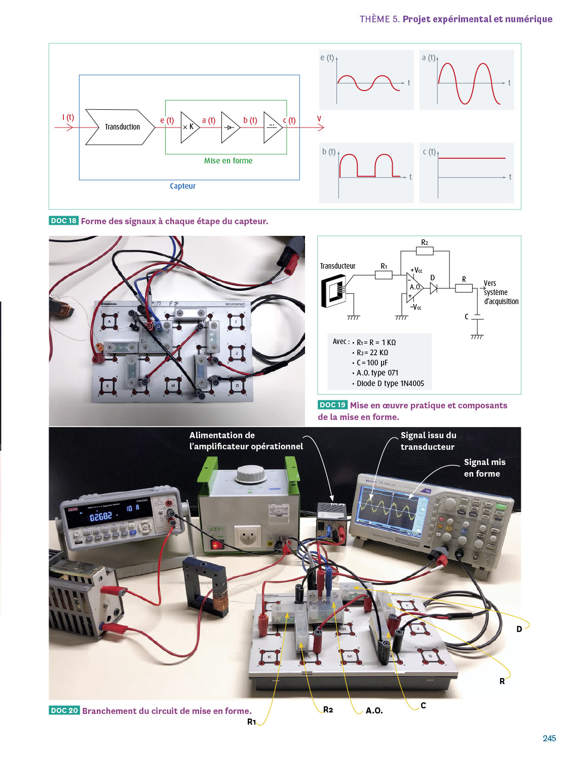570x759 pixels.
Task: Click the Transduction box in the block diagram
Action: pyautogui.click(x=122, y=127)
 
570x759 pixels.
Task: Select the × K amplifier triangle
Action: pyautogui.click(x=189, y=127)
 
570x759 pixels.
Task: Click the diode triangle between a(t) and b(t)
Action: pyautogui.click(x=230, y=127)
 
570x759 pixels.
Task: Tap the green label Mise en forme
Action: pyautogui.click(x=228, y=161)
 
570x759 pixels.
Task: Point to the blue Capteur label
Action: pyautogui.click(x=182, y=186)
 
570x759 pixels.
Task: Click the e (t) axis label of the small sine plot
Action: pyautogui.click(x=327, y=58)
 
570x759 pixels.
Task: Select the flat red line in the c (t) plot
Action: pyautogui.click(x=471, y=158)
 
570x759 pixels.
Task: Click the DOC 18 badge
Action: pyautogui.click(x=64, y=221)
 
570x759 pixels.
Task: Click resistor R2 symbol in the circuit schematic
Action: pyautogui.click(x=425, y=251)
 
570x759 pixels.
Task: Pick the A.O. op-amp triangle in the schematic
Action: pyautogui.click(x=414, y=287)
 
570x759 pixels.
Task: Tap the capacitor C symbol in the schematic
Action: pyautogui.click(x=477, y=319)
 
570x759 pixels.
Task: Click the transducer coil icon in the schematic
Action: pyautogui.click(x=334, y=291)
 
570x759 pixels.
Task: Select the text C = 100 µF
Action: pyautogui.click(x=372, y=363)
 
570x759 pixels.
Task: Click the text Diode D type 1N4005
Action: pyautogui.click(x=390, y=384)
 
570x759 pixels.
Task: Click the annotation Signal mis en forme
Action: pyautogui.click(x=484, y=468)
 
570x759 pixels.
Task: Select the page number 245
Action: pyautogui.click(x=549, y=738)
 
